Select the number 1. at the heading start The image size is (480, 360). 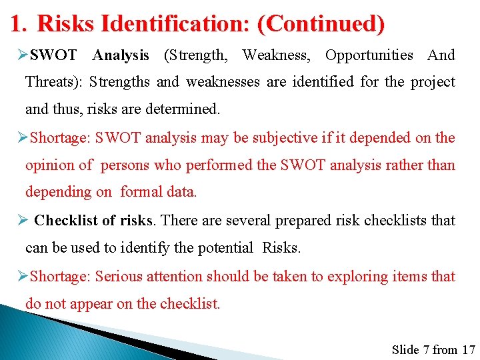[19, 25]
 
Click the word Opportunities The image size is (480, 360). [369, 55]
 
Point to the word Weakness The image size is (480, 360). [275, 55]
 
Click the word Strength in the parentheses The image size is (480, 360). [195, 55]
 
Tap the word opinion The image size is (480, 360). [49, 165]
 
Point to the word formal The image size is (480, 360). [141, 192]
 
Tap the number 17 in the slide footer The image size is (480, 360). [468, 349]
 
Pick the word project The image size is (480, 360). [433, 83]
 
